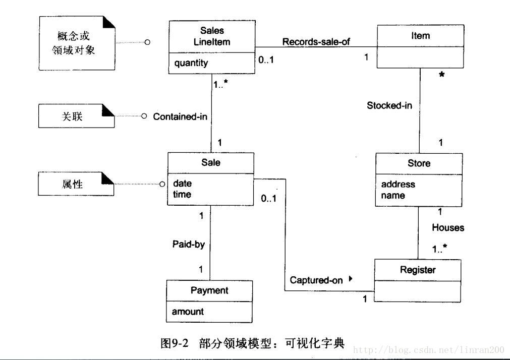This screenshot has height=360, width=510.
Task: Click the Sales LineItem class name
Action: pos(211,36)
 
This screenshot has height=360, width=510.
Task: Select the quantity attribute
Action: pos(191,63)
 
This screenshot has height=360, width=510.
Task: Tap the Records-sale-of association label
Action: pos(316,42)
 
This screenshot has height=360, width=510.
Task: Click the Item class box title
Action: pos(420,35)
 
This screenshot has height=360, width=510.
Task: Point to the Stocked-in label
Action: pos(389,105)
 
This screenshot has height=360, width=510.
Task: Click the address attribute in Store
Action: pos(398,185)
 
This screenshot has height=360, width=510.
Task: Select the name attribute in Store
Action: pos(393,196)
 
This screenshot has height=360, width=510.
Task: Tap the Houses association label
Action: pos(447,228)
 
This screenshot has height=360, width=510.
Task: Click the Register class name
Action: pos(418,270)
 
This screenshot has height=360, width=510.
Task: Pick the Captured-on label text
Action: pos(316,280)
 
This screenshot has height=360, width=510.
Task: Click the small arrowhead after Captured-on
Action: pos(350,278)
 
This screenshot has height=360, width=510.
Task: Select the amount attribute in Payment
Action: pos(188,312)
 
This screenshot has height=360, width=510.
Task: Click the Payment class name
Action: pos(209,290)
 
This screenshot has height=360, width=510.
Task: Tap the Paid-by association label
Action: pos(189,244)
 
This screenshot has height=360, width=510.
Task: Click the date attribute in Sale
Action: pos(182,184)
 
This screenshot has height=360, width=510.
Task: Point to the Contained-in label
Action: pos(180,116)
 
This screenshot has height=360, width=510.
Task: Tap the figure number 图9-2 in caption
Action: pos(174,344)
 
